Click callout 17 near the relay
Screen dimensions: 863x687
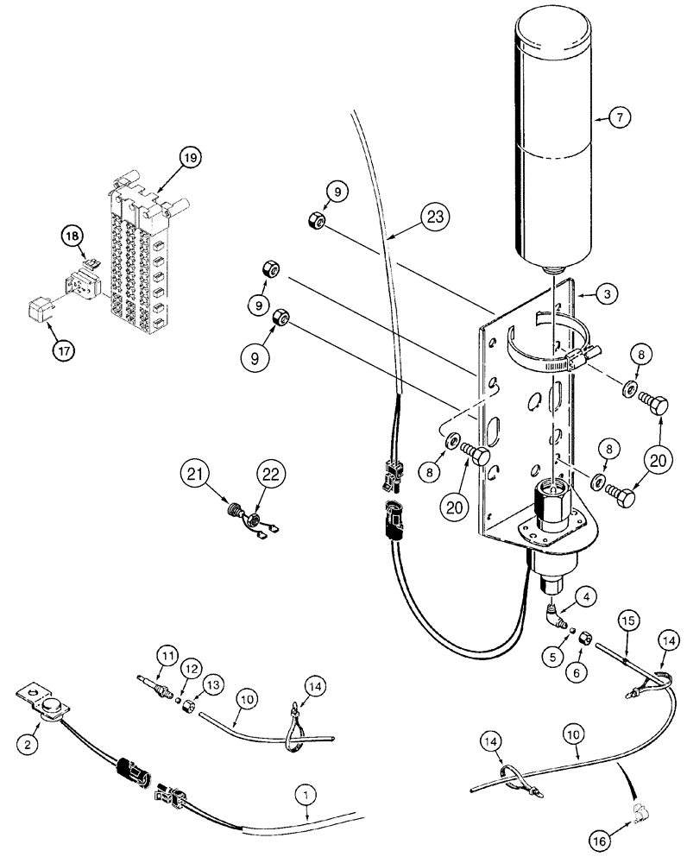(40, 351)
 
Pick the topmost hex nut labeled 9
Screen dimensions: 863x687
(314, 224)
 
